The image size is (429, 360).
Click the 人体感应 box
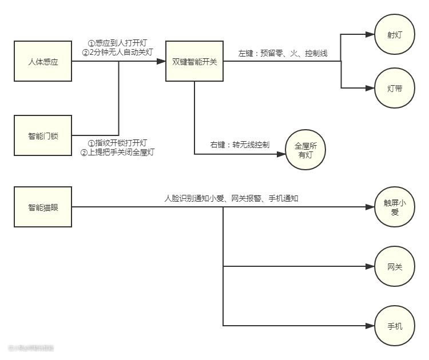pyautogui.click(x=43, y=61)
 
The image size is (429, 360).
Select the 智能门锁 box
pyautogui.click(x=43, y=135)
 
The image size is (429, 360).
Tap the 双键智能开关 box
pyautogui.click(x=194, y=61)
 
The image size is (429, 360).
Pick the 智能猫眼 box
pyautogui.click(x=43, y=207)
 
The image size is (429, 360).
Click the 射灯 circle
pyautogui.click(x=394, y=34)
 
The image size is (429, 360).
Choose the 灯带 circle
pyautogui.click(x=394, y=89)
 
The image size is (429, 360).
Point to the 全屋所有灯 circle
pyautogui.click(x=305, y=150)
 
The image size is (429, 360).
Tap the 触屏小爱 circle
pyautogui.click(x=394, y=207)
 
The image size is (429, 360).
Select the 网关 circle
pyautogui.click(x=394, y=266)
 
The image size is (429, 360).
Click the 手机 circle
pyautogui.click(x=394, y=326)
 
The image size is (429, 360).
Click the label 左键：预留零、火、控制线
pyautogui.click(x=283, y=54)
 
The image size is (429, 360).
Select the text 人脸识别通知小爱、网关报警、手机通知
pyautogui.click(x=232, y=198)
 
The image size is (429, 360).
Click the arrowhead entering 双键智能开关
pyautogui.click(x=161, y=61)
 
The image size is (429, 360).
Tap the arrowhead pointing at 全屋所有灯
pyautogui.click(x=281, y=154)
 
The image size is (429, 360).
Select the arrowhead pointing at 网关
pyautogui.click(x=370, y=266)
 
